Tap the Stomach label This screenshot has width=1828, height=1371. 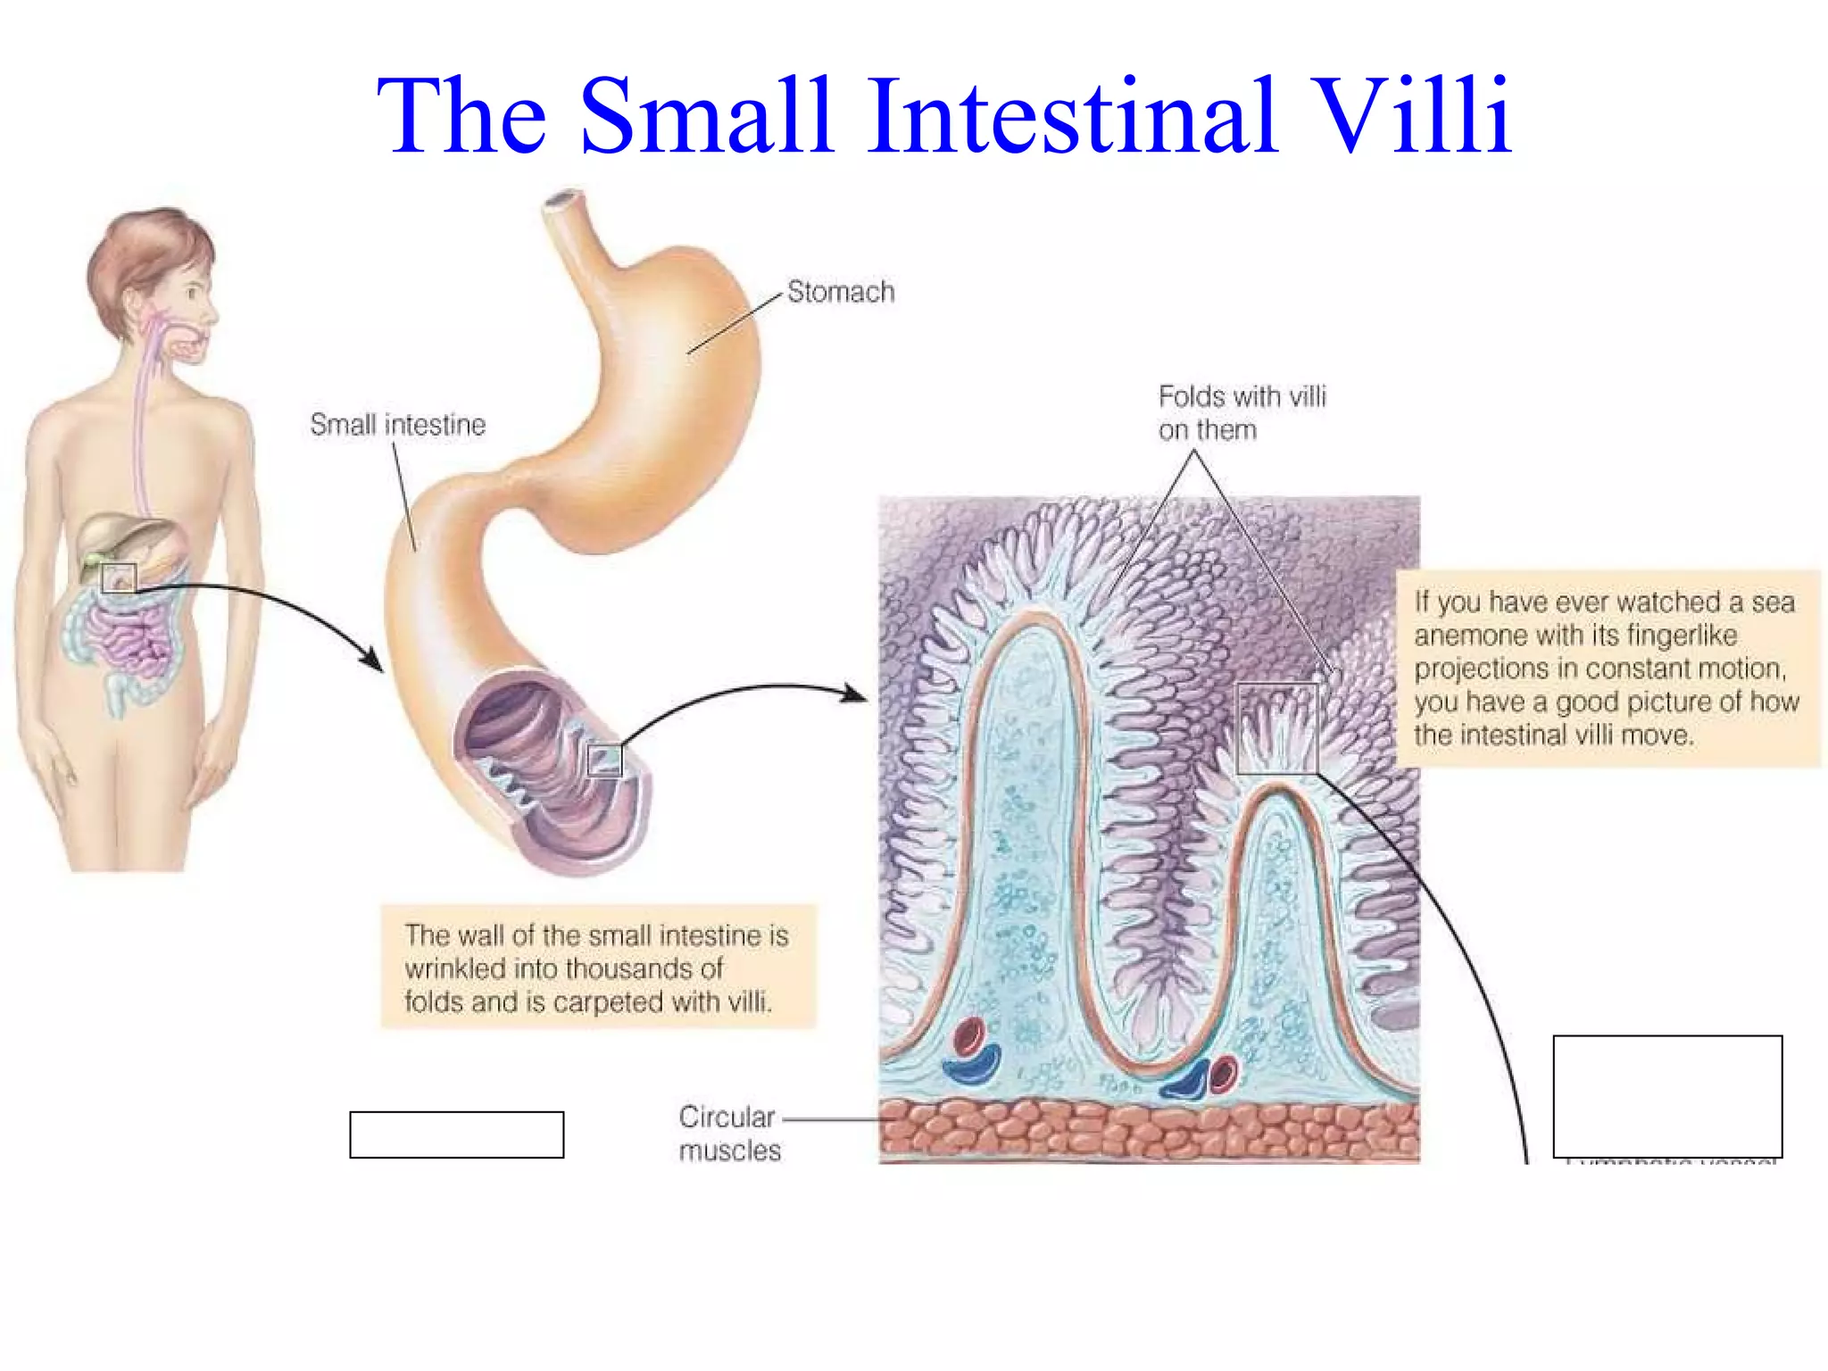coord(840,292)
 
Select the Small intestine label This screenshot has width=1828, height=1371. coord(397,425)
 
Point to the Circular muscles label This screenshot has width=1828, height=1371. coord(728,1134)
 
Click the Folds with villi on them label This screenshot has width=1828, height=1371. coord(1242,412)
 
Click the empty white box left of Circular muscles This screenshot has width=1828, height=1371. coord(456,1134)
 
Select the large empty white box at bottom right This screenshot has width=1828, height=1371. coord(1666,1096)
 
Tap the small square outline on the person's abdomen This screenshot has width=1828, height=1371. coord(118,578)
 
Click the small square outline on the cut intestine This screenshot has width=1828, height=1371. coord(604,760)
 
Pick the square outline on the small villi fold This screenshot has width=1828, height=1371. coord(1276,728)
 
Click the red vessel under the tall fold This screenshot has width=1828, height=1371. coord(968,1036)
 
